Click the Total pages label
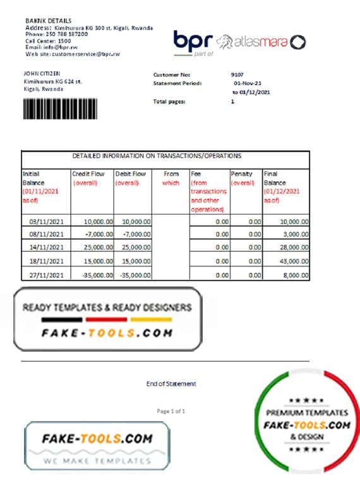(169, 102)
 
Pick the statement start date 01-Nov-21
(247, 83)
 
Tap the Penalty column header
(242, 174)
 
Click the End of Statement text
(171, 383)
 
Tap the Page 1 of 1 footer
(171, 411)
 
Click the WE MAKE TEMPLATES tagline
(97, 460)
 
